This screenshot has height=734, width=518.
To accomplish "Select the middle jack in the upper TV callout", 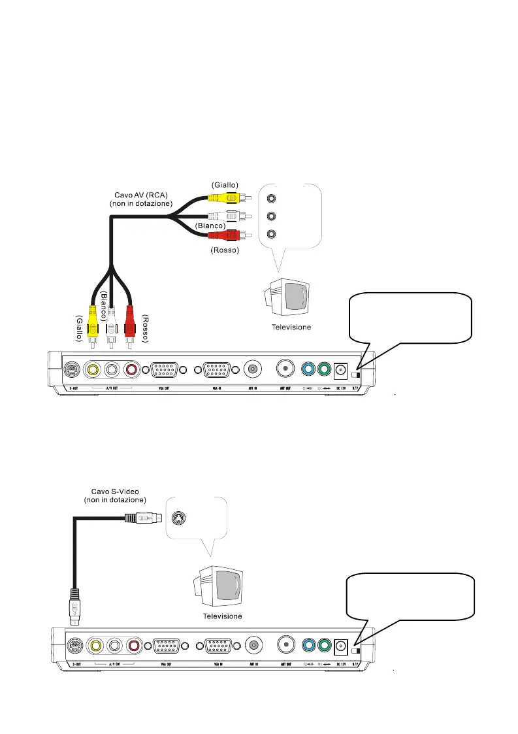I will click(x=272, y=216).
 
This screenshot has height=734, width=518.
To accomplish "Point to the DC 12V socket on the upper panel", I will click(x=340, y=370).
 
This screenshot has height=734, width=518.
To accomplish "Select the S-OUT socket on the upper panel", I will click(x=74, y=369).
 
